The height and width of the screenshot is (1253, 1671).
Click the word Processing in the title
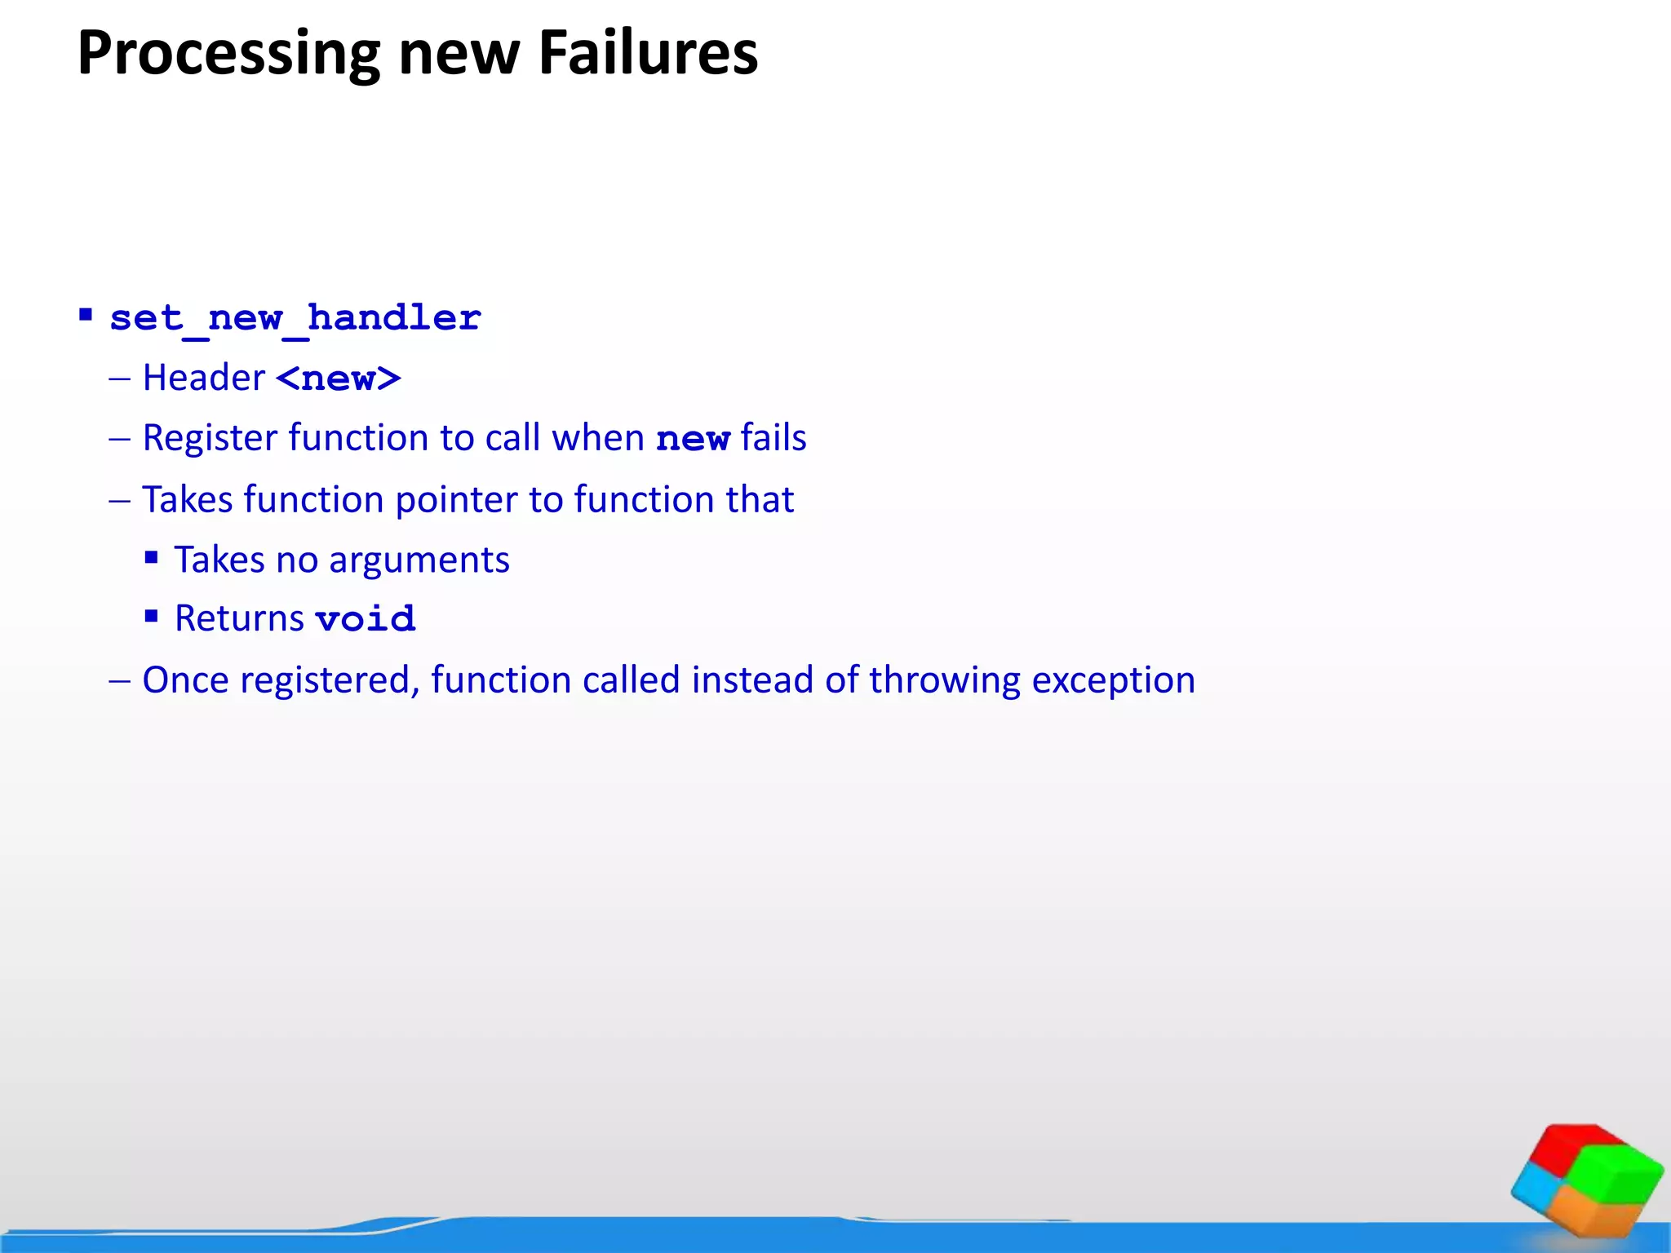coord(228,54)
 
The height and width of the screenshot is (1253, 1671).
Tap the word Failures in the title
coord(648,54)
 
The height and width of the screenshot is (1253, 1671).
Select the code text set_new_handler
coord(295,318)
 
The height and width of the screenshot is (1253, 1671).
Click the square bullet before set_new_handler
coord(86,315)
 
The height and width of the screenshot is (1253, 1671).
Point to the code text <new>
coord(339,379)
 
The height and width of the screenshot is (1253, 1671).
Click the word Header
coord(204,378)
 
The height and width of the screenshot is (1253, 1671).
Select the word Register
coord(210,438)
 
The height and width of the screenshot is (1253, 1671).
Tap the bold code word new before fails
coord(693,439)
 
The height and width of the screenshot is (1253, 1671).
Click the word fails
coord(773,437)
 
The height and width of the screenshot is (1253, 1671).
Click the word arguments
coord(419,560)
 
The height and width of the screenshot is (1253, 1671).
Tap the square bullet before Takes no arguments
coord(151,558)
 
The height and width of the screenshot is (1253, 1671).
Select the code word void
coord(366,619)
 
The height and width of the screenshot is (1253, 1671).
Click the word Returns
coord(239,618)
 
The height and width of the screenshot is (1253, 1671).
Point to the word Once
coord(185,680)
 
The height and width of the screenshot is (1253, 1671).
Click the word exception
coord(1113,680)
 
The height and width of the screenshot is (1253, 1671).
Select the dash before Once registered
coord(119,680)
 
